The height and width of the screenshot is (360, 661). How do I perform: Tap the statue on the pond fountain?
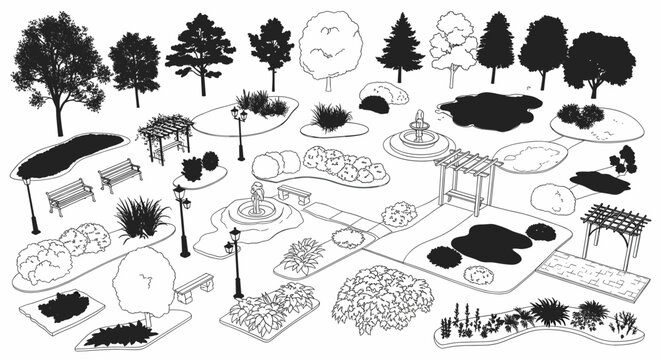[258, 196]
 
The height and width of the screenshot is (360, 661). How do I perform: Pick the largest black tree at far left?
[59, 65]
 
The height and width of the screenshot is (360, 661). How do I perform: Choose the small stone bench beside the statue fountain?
[294, 192]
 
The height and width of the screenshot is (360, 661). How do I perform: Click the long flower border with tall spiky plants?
[540, 321]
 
